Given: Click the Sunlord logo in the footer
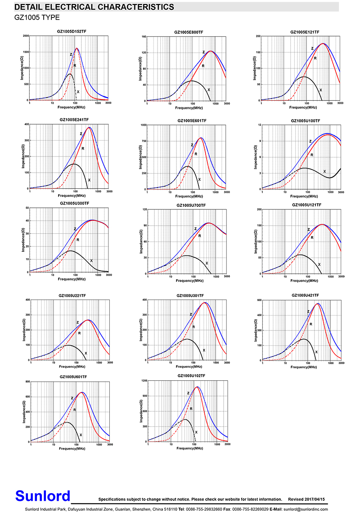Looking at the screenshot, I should [x=43, y=495].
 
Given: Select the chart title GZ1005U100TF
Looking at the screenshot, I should [x=305, y=120].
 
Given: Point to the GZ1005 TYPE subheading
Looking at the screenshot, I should [x=37, y=18].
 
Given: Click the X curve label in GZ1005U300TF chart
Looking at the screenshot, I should [x=91, y=260].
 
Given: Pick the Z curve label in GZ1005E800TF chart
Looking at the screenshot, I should [x=203, y=52].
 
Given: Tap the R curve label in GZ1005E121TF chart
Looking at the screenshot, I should [x=315, y=58].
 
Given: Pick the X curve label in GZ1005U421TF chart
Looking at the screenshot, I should [x=316, y=352].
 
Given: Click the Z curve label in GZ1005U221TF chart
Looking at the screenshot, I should [x=78, y=322].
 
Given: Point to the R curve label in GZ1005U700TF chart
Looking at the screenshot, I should [x=199, y=236].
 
